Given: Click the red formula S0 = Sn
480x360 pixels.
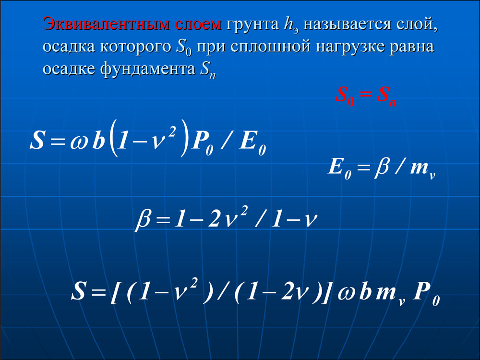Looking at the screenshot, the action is [x=366, y=96].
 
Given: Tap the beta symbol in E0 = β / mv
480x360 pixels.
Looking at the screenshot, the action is [x=382, y=168].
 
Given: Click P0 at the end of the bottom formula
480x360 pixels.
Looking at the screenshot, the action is [x=426, y=293].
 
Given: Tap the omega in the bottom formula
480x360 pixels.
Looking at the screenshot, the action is [x=347, y=293].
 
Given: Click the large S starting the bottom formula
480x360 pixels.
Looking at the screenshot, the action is [x=78, y=290].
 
